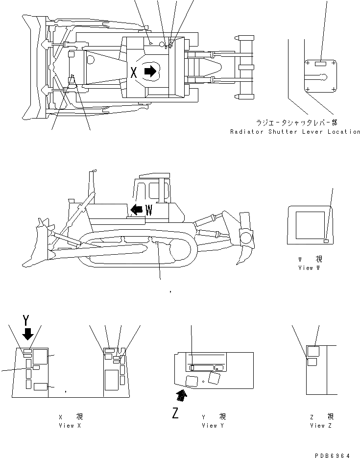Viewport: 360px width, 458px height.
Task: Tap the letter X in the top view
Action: [133, 73]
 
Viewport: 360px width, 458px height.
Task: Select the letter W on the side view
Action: [149, 210]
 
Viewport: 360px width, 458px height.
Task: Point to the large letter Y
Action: [27, 321]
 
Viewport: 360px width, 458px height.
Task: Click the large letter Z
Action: [174, 413]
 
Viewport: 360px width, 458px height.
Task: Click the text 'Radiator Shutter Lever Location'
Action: [295, 132]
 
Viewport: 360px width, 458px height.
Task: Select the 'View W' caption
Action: [309, 268]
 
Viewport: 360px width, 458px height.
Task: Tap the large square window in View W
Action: [308, 225]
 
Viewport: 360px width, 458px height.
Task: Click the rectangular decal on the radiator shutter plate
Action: [321, 64]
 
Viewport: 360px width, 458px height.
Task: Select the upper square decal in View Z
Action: [313, 350]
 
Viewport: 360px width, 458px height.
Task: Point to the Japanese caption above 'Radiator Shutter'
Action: [297, 122]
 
